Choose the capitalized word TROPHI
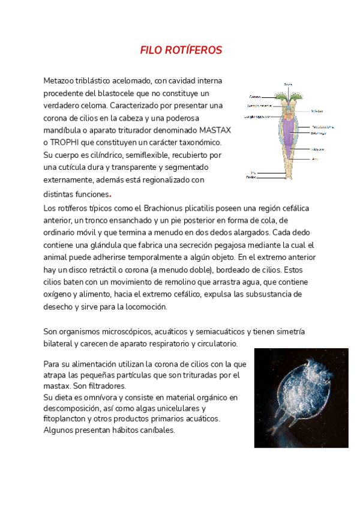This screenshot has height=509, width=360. [67, 142]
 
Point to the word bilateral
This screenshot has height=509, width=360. [62, 343]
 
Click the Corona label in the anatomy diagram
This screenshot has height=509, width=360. [254, 96]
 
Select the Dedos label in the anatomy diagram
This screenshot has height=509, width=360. [252, 178]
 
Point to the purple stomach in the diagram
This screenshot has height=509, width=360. [289, 132]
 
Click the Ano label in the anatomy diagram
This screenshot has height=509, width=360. [314, 159]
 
